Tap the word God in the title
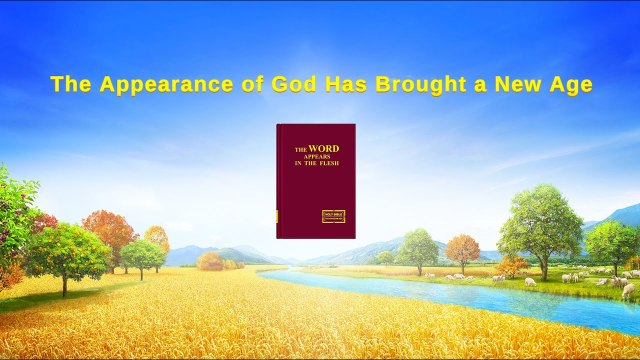[x=283, y=85]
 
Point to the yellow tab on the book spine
[x=277, y=216]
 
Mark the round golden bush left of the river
[x=210, y=261]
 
